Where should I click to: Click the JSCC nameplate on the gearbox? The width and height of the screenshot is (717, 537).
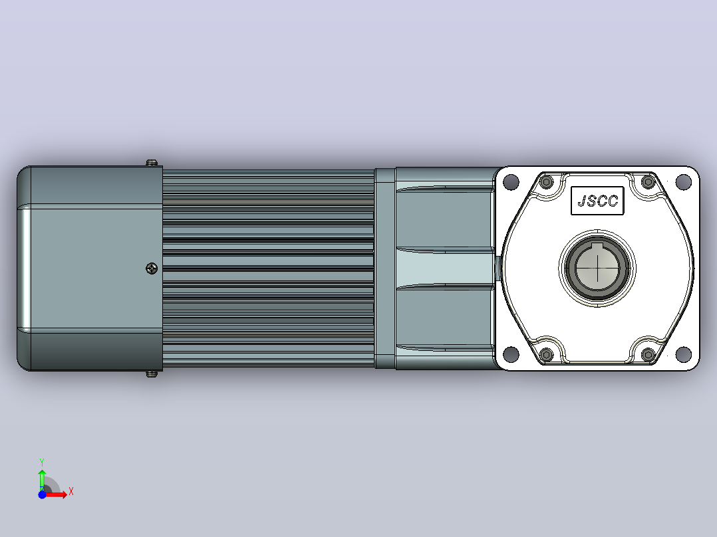coord(597,201)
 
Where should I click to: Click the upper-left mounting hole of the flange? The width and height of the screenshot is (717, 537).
coord(511,182)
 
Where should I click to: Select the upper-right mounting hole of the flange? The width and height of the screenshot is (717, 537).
coord(683,182)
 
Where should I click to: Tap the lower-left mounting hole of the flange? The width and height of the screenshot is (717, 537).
coord(511,354)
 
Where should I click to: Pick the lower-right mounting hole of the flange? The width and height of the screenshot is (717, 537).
coord(683,354)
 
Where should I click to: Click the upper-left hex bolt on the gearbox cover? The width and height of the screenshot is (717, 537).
coord(546,182)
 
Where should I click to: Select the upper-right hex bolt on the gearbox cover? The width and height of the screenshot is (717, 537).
coord(648,182)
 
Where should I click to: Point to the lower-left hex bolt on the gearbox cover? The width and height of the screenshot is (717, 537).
coord(546,354)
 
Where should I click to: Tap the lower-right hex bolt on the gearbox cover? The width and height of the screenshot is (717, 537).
coord(648,354)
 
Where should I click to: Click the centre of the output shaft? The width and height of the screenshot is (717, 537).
coord(597,268)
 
